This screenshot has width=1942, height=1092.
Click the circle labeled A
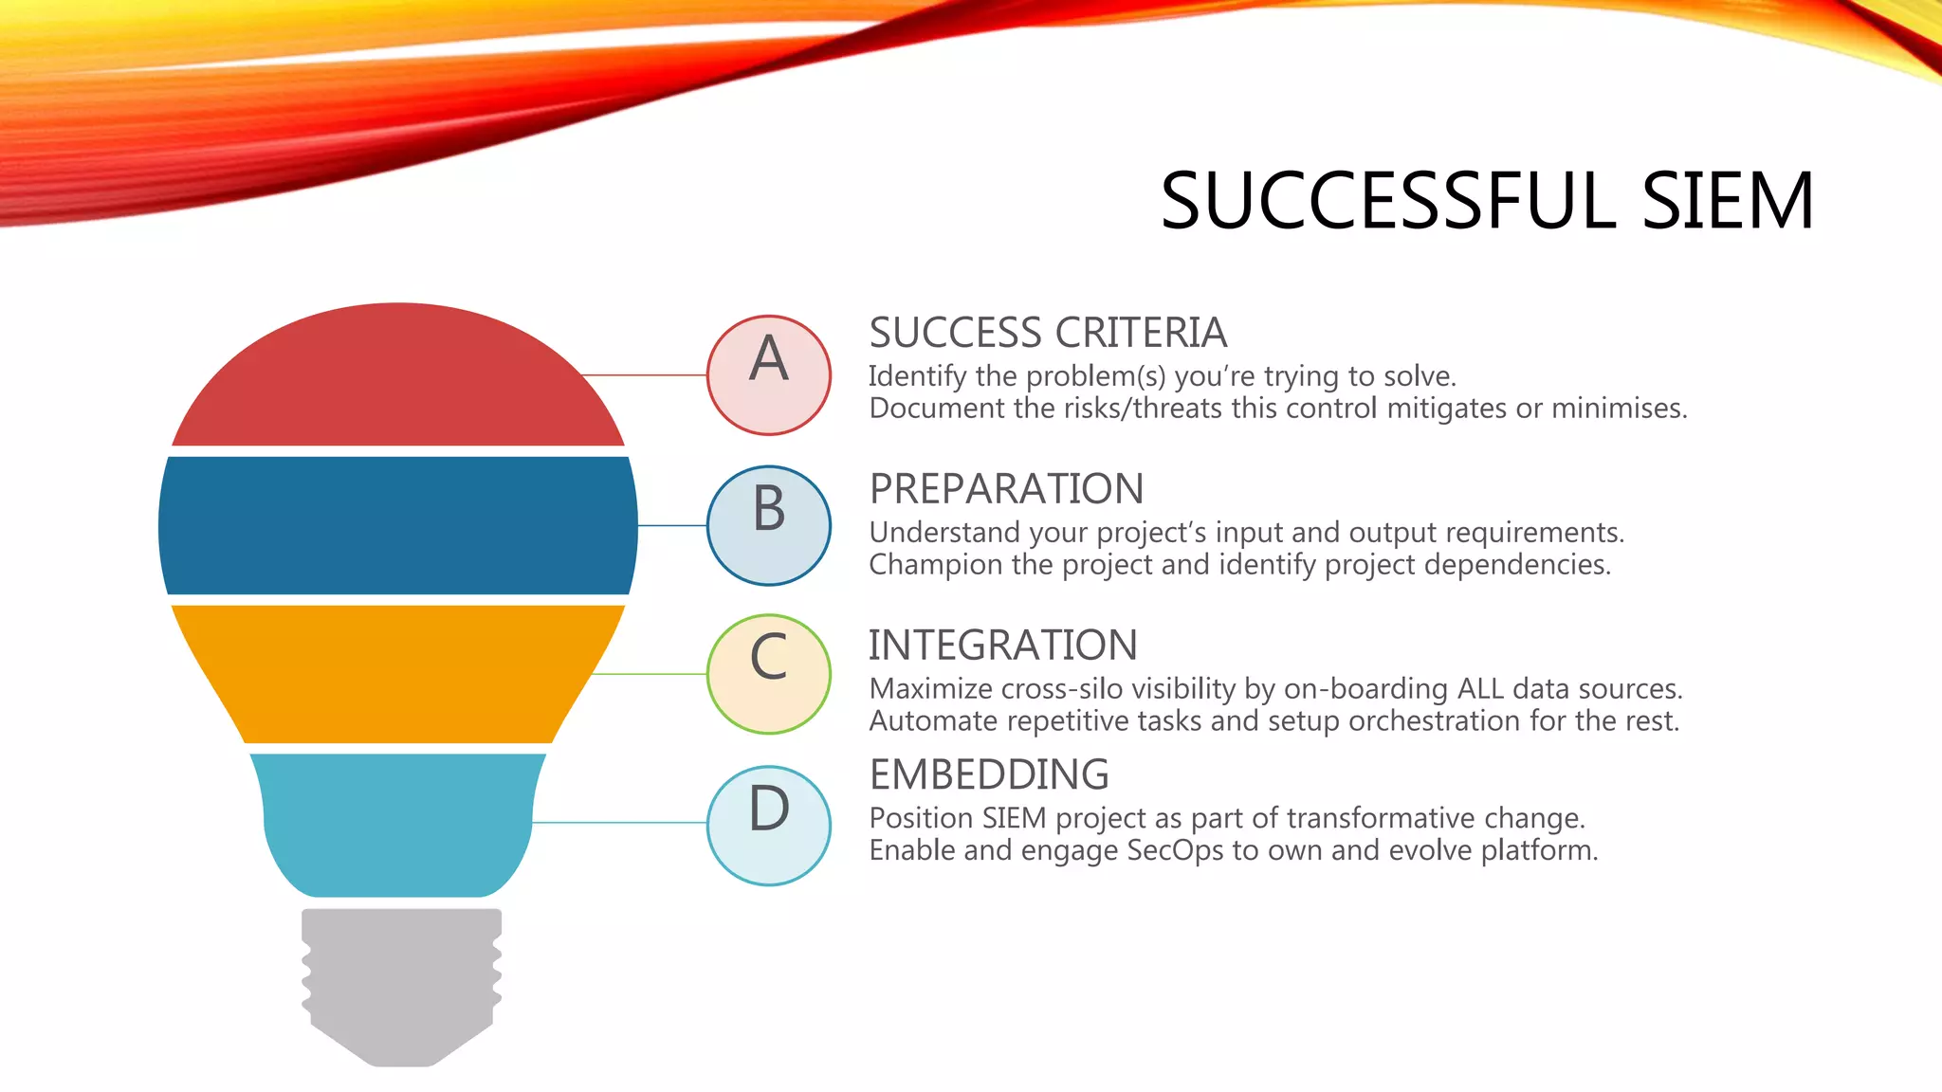click(x=768, y=375)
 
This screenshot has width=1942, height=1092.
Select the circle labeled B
click(x=768, y=525)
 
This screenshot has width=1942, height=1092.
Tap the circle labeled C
click(x=768, y=674)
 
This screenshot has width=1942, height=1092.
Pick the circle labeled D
click(x=768, y=825)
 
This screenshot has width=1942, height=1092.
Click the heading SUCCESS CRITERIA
click(x=1048, y=334)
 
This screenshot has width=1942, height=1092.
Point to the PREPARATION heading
click(x=1006, y=489)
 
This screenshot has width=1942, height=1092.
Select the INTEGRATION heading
click(x=1002, y=646)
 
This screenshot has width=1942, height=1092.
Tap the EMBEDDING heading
click(x=989, y=774)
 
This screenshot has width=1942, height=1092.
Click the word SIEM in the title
click(x=1727, y=201)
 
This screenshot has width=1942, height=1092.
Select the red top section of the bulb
click(x=398, y=379)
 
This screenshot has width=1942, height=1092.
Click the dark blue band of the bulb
click(x=398, y=526)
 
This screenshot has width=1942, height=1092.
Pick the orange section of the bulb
click(x=398, y=674)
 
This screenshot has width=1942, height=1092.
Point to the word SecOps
click(x=1175, y=850)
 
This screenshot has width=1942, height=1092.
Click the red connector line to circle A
click(x=645, y=375)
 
